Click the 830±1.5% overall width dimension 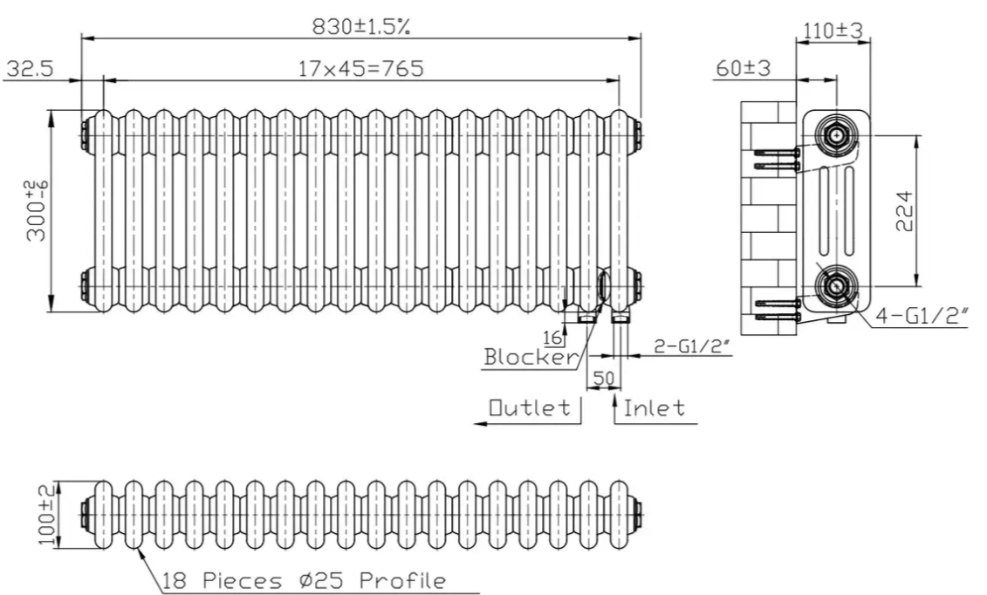point(361,26)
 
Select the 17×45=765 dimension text point(360,68)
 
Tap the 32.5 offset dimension point(30,68)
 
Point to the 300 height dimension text point(37,211)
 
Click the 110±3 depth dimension point(833,30)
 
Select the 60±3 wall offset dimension point(743,67)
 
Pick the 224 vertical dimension point(904,211)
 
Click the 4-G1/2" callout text point(922,316)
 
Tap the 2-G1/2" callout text point(692,346)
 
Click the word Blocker point(530,357)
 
